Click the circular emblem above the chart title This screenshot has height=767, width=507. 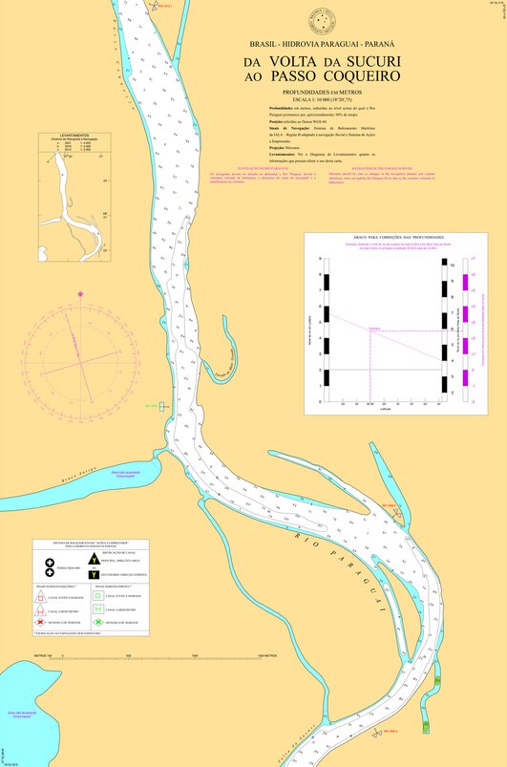[x=315, y=21]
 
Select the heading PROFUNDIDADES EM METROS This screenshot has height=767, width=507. [x=315, y=92]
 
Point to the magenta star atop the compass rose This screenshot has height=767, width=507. [x=80, y=292]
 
